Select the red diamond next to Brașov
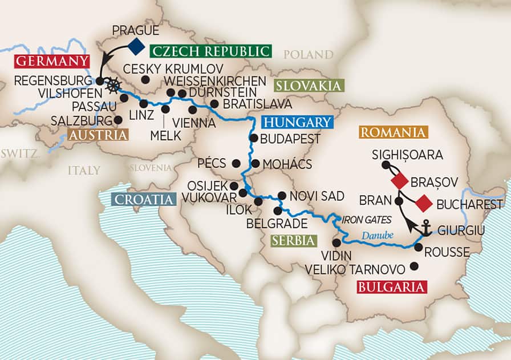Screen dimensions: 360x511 (399, 182)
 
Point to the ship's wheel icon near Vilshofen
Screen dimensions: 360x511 (113, 86)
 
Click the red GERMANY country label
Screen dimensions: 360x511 (52, 62)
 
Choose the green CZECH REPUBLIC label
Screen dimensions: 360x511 (210, 51)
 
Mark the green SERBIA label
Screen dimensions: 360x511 (293, 241)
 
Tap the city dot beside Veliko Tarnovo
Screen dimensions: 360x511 (414, 266)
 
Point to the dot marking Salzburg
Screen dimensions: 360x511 (118, 120)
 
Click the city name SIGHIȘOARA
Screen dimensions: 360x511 (407, 155)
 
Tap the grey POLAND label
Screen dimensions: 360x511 (308, 55)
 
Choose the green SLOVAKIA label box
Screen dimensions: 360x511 (310, 86)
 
